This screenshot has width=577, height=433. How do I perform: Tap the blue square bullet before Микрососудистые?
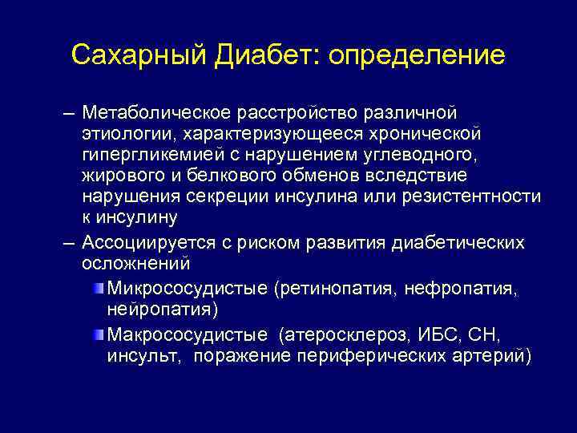tap(98, 286)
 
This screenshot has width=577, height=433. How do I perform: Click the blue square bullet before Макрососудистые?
tap(98, 331)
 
